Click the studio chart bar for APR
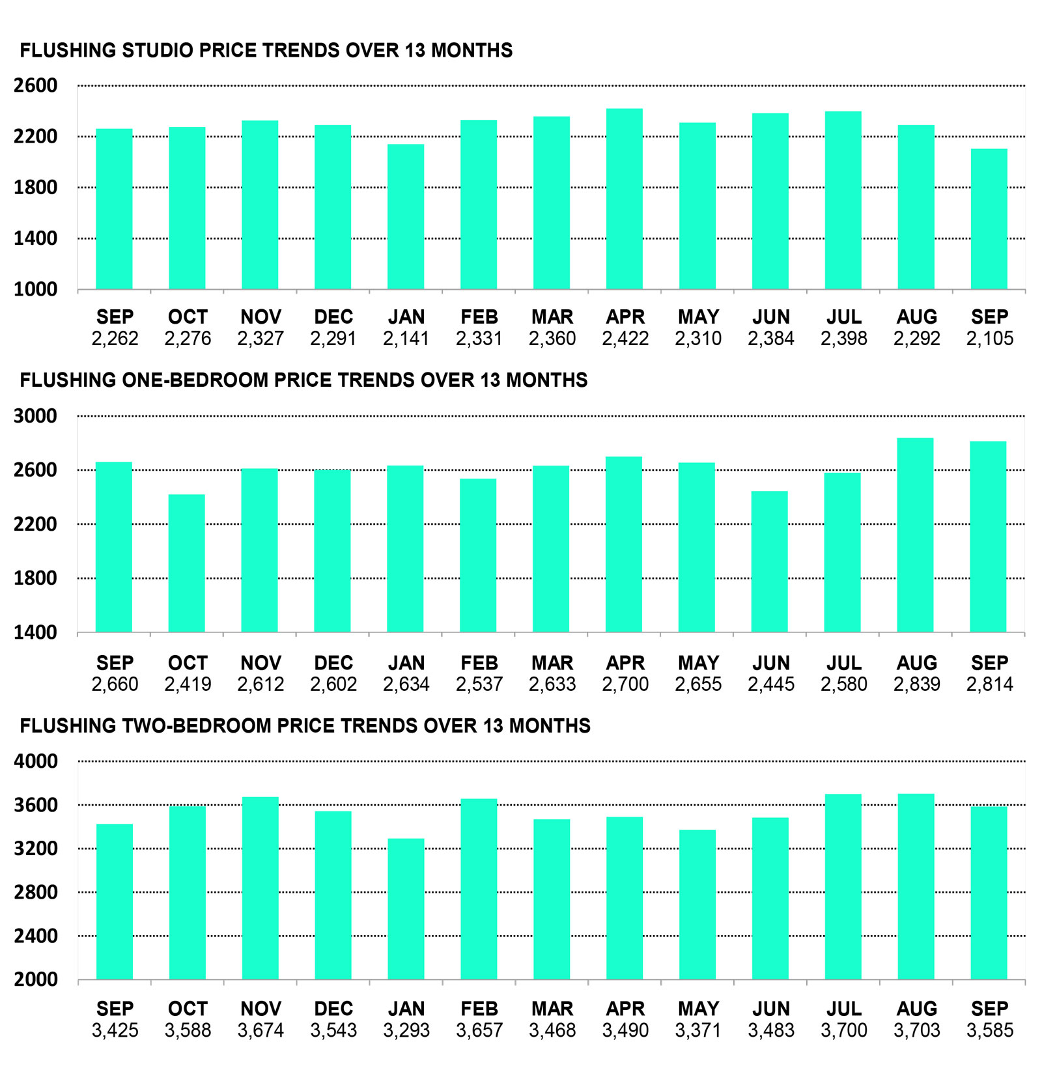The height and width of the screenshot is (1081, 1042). [625, 199]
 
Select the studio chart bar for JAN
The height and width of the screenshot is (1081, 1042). [406, 217]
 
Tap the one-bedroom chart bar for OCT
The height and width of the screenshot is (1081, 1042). [187, 563]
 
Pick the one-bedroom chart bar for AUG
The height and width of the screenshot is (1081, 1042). [915, 535]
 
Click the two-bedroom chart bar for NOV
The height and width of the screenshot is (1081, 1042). [260, 888]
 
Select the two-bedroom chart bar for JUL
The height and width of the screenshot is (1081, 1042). [843, 887]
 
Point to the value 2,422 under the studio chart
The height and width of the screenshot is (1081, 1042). [625, 339]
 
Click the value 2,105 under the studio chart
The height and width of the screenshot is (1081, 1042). [990, 339]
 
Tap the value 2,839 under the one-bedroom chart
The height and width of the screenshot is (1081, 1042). [917, 684]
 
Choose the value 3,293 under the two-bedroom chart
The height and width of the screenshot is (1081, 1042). [406, 1030]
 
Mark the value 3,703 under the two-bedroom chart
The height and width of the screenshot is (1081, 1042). [917, 1030]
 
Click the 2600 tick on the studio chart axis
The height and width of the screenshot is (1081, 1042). [36, 85]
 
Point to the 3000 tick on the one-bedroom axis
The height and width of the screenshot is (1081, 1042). [36, 415]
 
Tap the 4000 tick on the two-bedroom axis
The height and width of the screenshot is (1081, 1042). [36, 761]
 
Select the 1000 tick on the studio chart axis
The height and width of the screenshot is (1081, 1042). [36, 289]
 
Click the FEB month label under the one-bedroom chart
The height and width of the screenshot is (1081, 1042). [479, 663]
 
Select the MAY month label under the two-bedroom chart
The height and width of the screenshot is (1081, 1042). [698, 1009]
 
